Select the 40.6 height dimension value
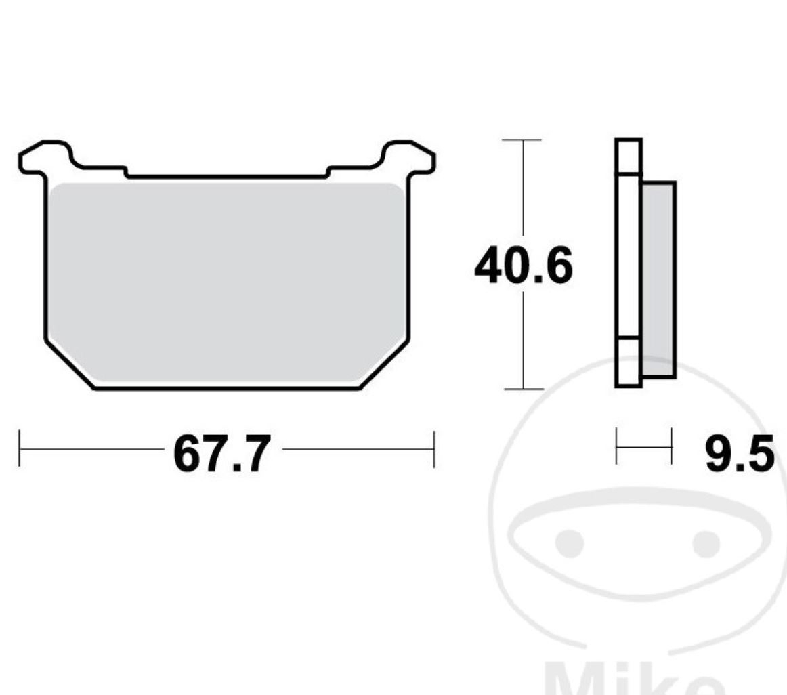[524, 266]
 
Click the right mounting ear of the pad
[408, 157]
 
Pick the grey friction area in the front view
[227, 281]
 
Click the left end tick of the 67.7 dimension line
[20, 448]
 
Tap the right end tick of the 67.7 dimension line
[433, 448]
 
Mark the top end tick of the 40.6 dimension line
[522, 140]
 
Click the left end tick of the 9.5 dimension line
[617, 446]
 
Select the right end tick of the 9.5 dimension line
[671, 446]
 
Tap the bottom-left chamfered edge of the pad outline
[68, 364]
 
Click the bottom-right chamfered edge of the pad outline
[385, 364]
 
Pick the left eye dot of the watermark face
[570, 543]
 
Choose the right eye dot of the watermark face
[706, 543]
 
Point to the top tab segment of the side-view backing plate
[629, 156]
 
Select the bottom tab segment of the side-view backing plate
[629, 362]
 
